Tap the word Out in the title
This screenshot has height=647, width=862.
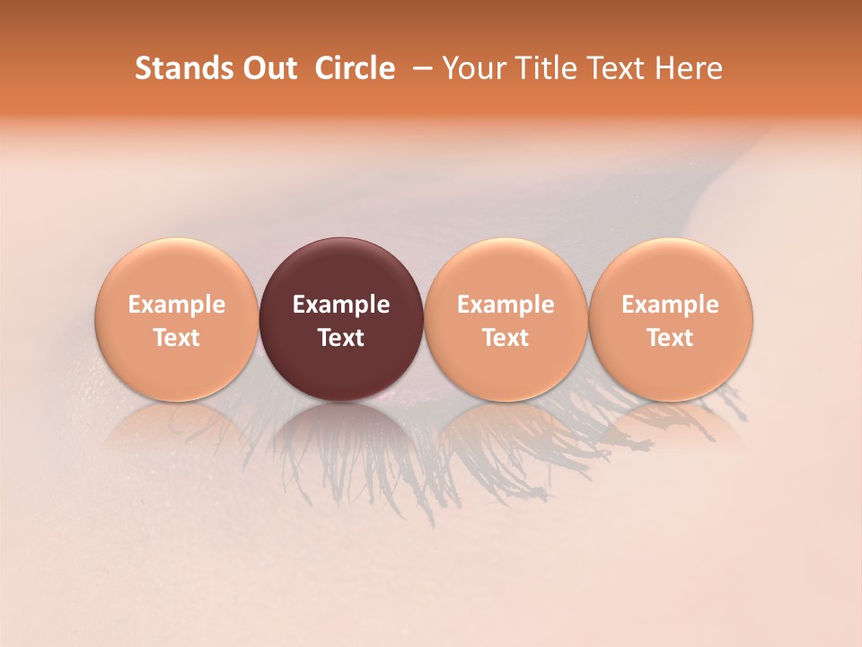(268, 68)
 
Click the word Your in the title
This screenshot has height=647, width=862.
(471, 68)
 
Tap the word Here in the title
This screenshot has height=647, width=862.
(688, 68)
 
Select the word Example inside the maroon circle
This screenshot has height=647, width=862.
(341, 305)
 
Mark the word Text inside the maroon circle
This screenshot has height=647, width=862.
(341, 338)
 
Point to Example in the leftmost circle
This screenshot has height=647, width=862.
(176, 305)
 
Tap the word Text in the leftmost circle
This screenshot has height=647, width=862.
(176, 338)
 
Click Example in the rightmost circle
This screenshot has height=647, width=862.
(670, 305)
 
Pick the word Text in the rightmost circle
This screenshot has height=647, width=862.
(670, 338)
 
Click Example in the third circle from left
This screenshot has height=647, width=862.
(506, 305)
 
